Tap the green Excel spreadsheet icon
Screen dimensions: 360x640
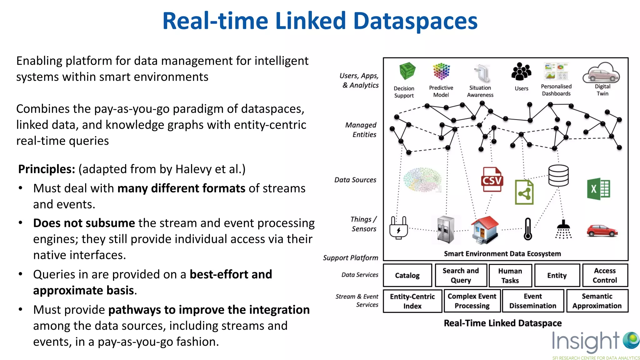click(x=598, y=189)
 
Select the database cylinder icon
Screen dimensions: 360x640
click(x=558, y=175)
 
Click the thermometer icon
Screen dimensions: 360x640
click(x=528, y=229)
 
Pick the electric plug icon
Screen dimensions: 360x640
click(x=398, y=227)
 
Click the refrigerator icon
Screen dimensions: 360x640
click(x=446, y=229)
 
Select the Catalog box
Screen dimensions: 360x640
click(x=407, y=275)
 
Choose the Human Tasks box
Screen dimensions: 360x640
click(x=510, y=276)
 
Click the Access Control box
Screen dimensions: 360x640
click(x=605, y=275)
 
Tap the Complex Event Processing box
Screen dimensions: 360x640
click(x=472, y=301)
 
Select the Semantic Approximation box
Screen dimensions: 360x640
click(x=597, y=301)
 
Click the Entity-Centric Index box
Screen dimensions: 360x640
click(x=412, y=301)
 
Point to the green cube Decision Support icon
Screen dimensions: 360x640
click(x=407, y=71)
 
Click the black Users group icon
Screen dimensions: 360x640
click(x=521, y=72)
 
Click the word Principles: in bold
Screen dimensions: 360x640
click(x=47, y=169)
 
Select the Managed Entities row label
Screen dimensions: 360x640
click(x=361, y=130)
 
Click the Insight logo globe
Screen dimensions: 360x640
click(x=631, y=340)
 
